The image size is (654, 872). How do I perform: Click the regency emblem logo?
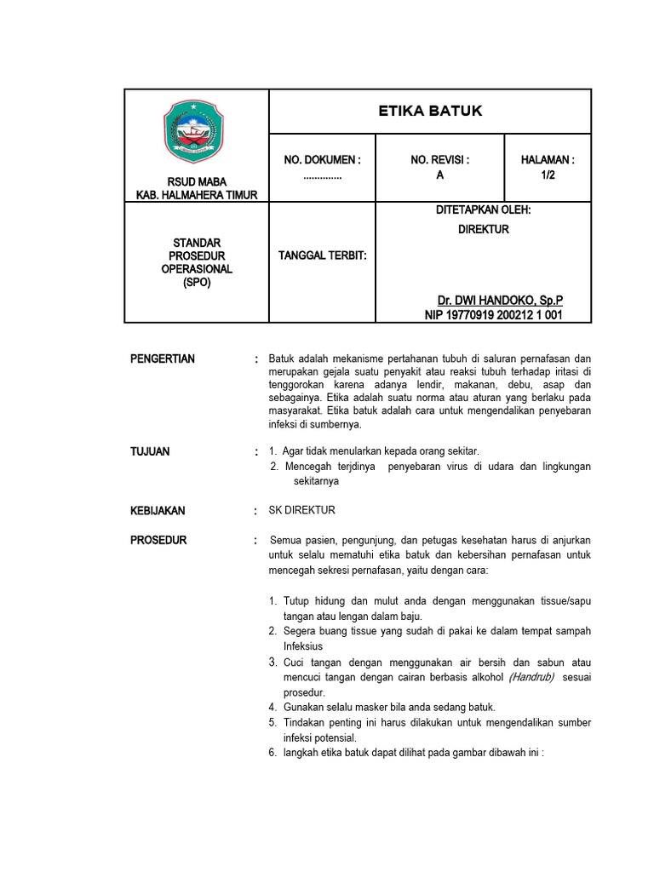pos(192,132)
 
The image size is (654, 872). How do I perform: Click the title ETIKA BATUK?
pos(429,111)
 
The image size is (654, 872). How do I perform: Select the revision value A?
pos(440,175)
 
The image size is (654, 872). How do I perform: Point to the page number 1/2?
pos(548,175)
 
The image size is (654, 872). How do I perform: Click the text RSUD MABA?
pos(197,181)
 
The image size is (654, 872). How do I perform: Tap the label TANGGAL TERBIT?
pos(323,255)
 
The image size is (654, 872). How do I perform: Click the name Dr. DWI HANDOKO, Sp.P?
pos(500,301)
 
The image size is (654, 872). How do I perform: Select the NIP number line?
pos(494,315)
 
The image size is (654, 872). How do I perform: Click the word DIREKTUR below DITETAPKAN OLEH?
pos(483,229)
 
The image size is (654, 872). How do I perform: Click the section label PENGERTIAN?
pos(163,359)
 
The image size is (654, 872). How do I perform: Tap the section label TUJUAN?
pos(150,451)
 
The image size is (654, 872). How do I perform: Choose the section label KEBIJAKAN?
pos(158,511)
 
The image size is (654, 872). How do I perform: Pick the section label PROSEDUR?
pos(158,541)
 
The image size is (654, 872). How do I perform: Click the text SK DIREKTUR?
pos(302,510)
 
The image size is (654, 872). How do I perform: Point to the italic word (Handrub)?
pos(531,677)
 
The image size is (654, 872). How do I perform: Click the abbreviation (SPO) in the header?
pos(197,283)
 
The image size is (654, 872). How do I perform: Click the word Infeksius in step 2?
pos(304,646)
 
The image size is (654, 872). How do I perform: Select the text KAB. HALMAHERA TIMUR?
pos(197,195)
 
